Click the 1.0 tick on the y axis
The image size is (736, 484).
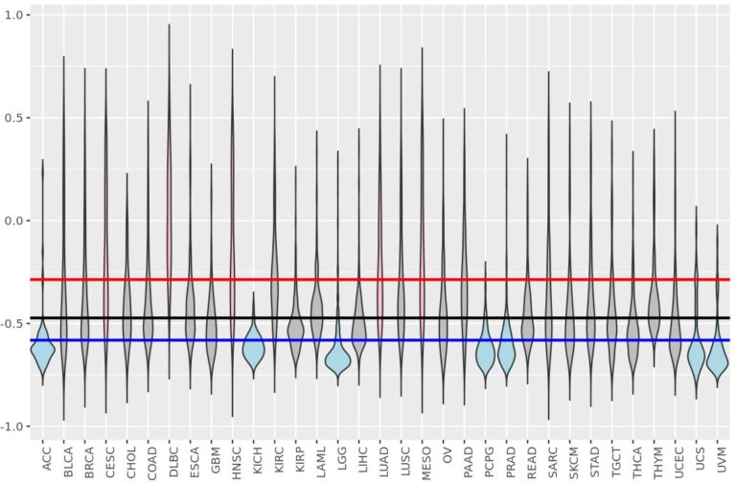16,16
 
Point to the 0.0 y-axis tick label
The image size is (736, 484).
16,221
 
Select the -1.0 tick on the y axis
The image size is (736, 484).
14,426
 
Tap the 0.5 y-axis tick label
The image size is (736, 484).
16,119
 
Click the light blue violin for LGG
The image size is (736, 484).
337,360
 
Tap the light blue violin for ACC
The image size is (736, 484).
42,355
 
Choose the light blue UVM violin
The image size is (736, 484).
717,360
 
